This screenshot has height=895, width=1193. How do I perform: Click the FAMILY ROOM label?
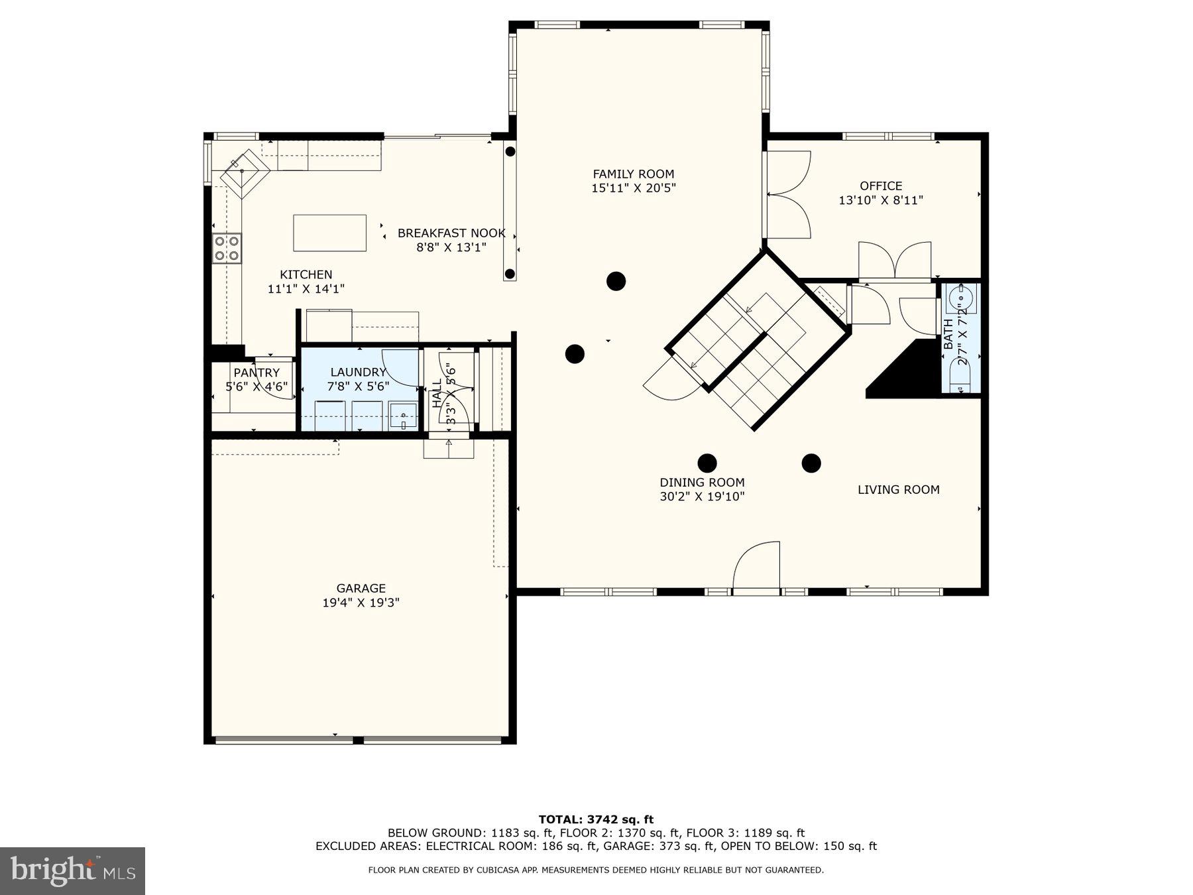pyautogui.click(x=633, y=174)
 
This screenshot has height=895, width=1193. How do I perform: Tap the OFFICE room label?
pyautogui.click(x=881, y=186)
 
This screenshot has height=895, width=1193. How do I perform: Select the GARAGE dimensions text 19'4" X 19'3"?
pyautogui.click(x=361, y=603)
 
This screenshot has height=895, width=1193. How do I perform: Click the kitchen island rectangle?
pyautogui.click(x=329, y=233)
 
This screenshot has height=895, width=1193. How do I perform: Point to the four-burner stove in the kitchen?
pyautogui.click(x=227, y=248)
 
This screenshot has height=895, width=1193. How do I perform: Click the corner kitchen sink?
pyautogui.click(x=244, y=172)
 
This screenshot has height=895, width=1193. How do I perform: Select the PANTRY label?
pyautogui.click(x=256, y=373)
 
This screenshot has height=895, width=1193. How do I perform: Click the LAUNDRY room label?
pyautogui.click(x=358, y=373)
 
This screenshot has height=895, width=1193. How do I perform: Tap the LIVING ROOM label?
pyautogui.click(x=898, y=490)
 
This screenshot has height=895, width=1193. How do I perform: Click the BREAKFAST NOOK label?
pyautogui.click(x=451, y=233)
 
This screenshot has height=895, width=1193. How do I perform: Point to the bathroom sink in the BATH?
pyautogui.click(x=960, y=298)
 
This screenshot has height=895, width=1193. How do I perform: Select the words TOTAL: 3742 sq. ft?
pyautogui.click(x=596, y=819)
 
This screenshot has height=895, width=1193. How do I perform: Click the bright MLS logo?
pyautogui.click(x=72, y=870)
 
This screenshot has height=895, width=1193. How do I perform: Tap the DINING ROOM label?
pyautogui.click(x=702, y=483)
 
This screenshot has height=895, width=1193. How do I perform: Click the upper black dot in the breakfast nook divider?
pyautogui.click(x=510, y=152)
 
